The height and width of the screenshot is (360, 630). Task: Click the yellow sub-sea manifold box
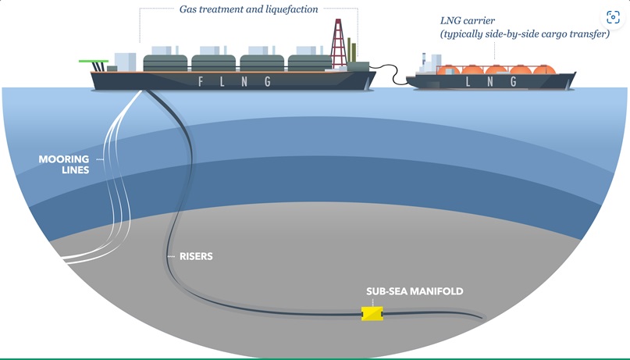[x=372, y=313]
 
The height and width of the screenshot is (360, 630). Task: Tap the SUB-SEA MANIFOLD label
[x=415, y=291]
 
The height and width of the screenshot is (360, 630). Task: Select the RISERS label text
[x=196, y=256]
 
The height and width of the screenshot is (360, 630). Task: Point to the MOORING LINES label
[x=64, y=164]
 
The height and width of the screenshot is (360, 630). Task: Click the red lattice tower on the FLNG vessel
[x=338, y=44]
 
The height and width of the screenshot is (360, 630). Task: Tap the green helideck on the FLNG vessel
[x=93, y=61]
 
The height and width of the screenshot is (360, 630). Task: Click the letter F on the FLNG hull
[x=201, y=81]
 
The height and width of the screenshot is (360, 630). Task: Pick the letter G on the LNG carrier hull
[x=513, y=81]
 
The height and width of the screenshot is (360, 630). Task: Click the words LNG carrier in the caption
[x=468, y=20]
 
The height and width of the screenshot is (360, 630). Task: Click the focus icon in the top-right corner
[x=613, y=17]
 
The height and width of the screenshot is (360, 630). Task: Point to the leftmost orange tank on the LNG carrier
[x=448, y=70]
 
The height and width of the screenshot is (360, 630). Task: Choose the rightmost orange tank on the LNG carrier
[x=544, y=70]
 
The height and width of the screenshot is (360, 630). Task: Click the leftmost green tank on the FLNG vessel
[x=166, y=63]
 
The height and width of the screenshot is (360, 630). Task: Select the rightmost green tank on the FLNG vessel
[x=310, y=63]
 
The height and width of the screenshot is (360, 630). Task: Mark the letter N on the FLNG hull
[x=244, y=81]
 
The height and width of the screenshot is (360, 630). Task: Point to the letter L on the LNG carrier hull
[x=468, y=81]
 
